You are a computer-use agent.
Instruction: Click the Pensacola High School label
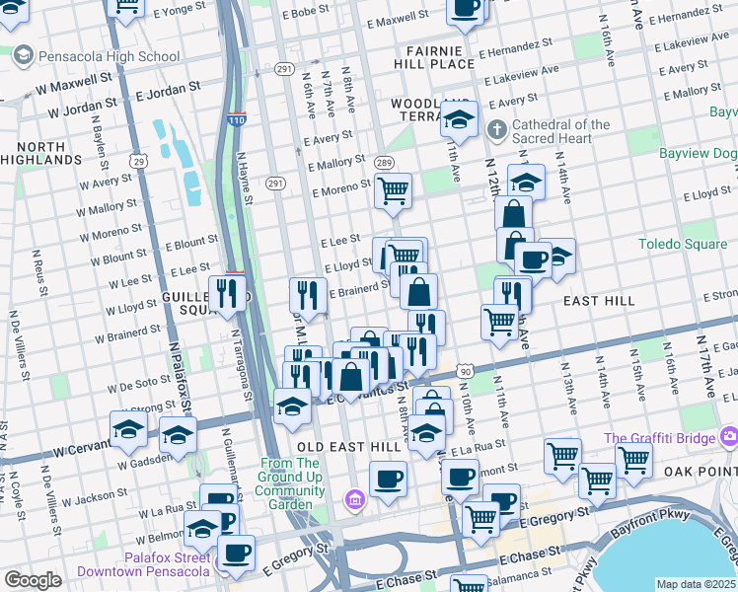click(x=109, y=56)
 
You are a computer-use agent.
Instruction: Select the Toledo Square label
click(x=683, y=244)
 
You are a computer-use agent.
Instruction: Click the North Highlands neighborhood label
click(x=41, y=152)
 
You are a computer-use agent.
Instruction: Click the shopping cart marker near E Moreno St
click(x=393, y=190)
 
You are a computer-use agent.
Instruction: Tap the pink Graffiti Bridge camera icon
click(x=729, y=436)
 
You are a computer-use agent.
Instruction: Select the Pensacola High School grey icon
click(x=23, y=56)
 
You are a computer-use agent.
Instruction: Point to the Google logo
click(x=33, y=580)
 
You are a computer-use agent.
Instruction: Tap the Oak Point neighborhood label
click(x=704, y=471)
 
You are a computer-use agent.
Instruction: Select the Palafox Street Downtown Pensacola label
click(x=166, y=564)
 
